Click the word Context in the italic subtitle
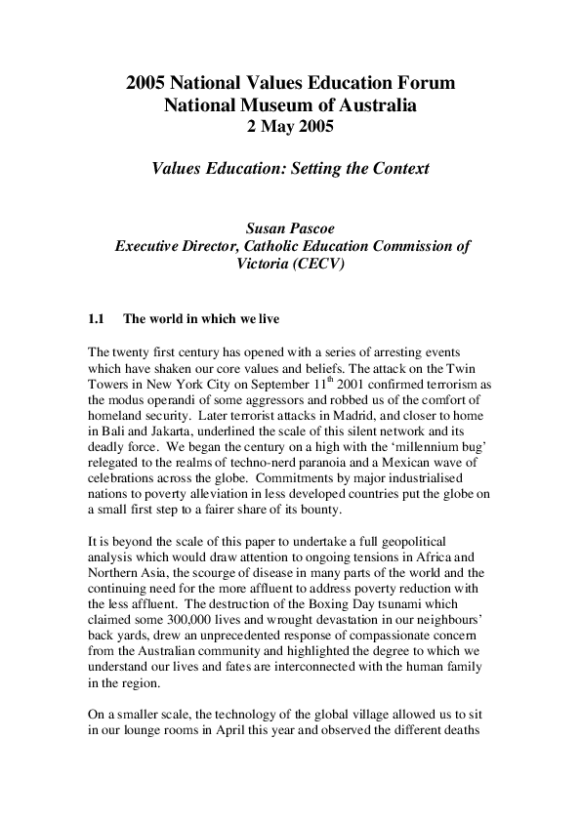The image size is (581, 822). (x=396, y=168)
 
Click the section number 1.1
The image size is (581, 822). (x=96, y=319)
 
